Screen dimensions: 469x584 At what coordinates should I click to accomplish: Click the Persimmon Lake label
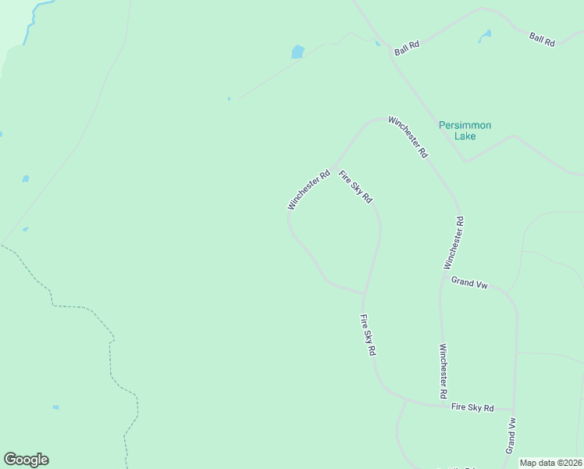465,131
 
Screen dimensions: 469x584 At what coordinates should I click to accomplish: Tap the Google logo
26,460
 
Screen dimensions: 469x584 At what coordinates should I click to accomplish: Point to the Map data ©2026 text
551,463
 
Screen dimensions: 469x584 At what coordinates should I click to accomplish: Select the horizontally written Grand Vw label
469,283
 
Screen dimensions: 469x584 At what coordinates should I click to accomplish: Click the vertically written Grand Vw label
511,435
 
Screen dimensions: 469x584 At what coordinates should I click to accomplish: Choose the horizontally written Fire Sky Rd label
473,408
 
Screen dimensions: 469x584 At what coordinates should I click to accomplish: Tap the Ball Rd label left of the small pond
407,48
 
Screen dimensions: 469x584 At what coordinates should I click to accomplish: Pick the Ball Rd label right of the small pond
541,38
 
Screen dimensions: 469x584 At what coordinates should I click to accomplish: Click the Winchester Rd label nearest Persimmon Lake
408,137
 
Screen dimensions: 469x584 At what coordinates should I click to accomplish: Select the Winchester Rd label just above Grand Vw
459,243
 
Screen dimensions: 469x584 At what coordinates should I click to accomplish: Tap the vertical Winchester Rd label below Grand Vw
443,372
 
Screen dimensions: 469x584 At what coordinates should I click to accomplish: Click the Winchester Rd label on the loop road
308,190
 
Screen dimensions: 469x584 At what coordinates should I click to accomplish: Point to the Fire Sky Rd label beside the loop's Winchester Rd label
355,188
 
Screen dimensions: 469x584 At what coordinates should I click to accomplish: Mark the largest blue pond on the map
297,52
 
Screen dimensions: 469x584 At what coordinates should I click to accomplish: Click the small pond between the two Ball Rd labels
485,35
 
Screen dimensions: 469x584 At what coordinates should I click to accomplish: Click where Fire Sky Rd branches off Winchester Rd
335,167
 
